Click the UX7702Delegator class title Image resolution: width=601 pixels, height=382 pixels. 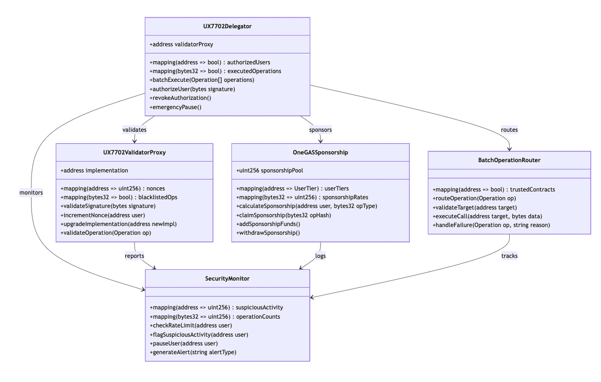point(227,26)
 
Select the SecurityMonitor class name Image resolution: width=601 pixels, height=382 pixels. point(227,279)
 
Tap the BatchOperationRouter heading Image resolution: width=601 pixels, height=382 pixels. point(509,161)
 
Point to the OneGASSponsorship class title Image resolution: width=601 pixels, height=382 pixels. point(321,152)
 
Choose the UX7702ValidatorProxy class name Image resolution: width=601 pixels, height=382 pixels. point(135,152)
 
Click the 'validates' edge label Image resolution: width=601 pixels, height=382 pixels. point(135,130)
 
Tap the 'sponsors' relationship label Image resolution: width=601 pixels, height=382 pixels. point(321,130)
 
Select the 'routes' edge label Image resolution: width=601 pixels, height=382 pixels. point(509,130)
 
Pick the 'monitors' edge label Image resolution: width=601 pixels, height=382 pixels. point(31,193)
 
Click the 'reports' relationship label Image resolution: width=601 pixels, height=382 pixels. point(135,256)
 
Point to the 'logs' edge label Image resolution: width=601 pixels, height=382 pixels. point(321,256)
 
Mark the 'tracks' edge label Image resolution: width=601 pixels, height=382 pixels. point(509,256)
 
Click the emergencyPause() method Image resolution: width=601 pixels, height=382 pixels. point(176,107)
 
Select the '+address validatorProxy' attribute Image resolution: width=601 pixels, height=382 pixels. point(181,44)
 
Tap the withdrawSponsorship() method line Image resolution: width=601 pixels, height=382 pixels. point(268,233)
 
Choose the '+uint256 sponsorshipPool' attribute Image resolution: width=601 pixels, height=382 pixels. point(270,170)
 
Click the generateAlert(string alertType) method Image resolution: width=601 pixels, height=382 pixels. point(193,352)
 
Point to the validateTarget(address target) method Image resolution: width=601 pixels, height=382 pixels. point(475,207)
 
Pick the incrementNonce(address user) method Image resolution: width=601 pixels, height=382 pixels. point(103,215)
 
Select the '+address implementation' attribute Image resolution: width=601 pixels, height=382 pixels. point(94,170)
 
